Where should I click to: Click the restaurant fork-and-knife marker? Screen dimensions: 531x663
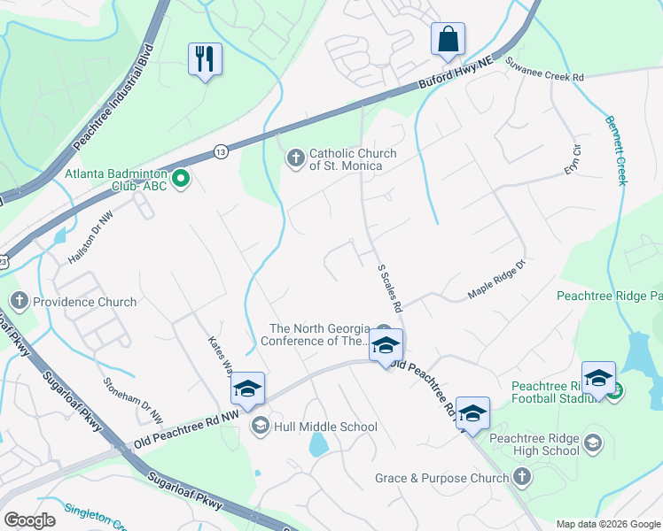pos(205,58)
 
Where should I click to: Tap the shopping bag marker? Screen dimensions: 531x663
pos(448,39)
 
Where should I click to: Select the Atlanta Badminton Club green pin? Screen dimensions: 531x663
pos(182,180)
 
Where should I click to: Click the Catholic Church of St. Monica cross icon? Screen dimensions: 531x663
pos(295,158)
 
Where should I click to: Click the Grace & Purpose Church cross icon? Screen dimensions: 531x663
pos(522,478)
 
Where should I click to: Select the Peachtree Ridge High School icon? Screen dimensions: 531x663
pos(593,442)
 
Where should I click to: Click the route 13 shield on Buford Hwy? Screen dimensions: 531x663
pos(221,153)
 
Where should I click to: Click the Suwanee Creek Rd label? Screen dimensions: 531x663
pos(544,70)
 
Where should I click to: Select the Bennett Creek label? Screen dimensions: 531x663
pos(616,150)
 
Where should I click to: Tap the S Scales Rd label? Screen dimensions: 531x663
pos(390,288)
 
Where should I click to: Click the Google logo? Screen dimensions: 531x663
pos(30,520)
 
